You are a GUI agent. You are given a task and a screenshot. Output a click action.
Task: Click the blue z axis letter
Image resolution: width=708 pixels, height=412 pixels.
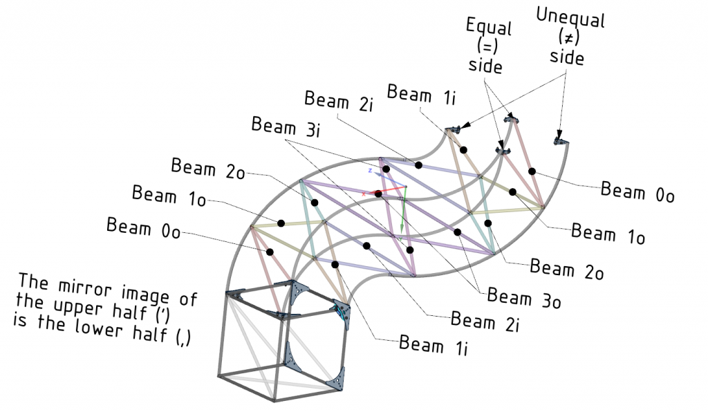coord(371,170)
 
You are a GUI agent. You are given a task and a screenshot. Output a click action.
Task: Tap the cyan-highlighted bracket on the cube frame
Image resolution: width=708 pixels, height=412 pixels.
coord(341,312)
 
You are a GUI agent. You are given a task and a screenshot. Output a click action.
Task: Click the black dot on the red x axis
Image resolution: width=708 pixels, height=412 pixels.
coord(378,194)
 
